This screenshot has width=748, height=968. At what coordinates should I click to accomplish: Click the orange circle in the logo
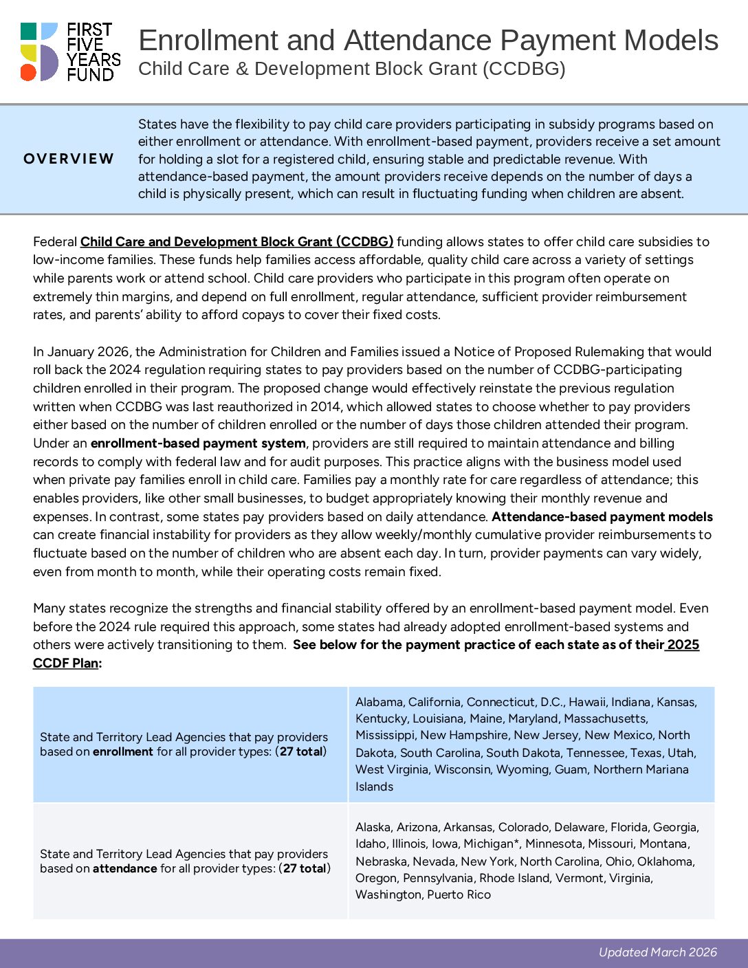coord(28,72)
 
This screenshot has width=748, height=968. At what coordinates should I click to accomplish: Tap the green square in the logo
coord(28,31)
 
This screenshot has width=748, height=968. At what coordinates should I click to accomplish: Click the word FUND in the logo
coord(90,74)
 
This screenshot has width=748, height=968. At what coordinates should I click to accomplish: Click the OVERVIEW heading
coord(69,159)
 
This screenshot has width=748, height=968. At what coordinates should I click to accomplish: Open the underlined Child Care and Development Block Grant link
coord(236,241)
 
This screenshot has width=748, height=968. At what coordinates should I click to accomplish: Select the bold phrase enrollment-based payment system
coord(198,443)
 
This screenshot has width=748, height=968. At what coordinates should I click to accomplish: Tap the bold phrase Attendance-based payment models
coord(602,516)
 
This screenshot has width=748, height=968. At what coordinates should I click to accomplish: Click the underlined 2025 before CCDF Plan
coord(683,645)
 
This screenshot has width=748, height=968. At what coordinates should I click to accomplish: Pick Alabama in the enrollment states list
coord(379,702)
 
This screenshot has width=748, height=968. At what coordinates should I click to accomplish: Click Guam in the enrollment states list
coord(571,769)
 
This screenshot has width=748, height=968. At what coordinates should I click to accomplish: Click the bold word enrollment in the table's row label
coord(123,751)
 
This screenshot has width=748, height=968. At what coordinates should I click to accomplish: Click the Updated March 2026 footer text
coord(657,952)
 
